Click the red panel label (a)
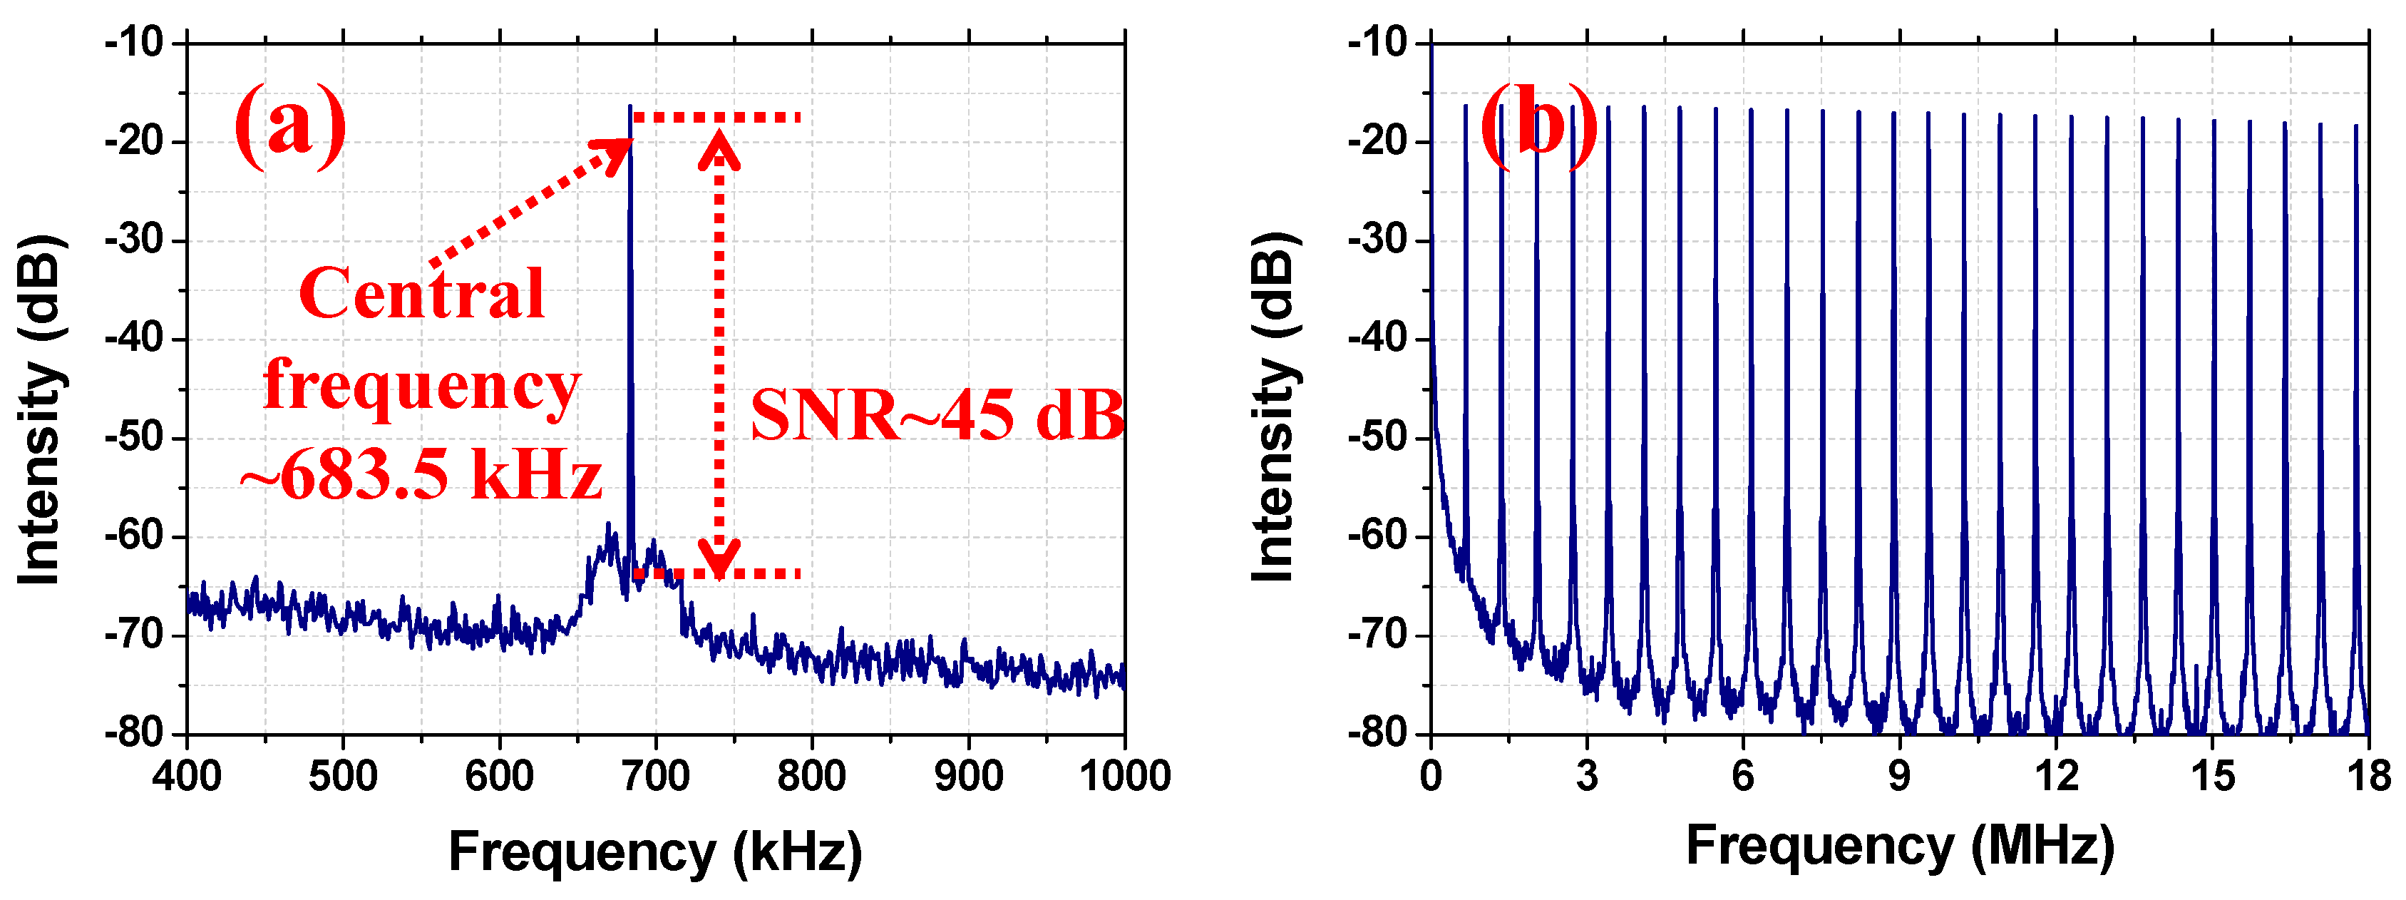289,126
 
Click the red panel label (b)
1538,126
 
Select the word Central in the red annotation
421,293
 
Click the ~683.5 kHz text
421,474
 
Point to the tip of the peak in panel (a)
630,106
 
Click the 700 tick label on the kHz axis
656,776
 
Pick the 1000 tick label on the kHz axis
1124,776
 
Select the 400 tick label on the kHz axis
187,776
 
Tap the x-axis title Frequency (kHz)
654,852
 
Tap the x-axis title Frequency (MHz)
1900,846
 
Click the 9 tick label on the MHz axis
1900,776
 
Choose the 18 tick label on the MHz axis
2368,776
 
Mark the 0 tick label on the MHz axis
1431,776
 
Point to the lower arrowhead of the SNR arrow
719,559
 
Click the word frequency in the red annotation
421,385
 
